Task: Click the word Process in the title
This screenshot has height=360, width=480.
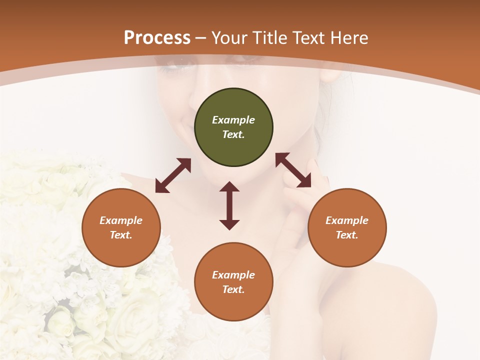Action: [x=157, y=37]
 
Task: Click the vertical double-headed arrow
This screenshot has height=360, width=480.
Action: [x=229, y=205]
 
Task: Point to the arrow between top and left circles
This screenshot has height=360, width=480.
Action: [x=173, y=175]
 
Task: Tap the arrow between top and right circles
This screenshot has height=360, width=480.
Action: [x=293, y=170]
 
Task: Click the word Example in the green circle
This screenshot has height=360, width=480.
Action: [x=233, y=120]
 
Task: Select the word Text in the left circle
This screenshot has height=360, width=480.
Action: [x=120, y=235]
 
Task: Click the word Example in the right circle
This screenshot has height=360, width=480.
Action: [x=347, y=220]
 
